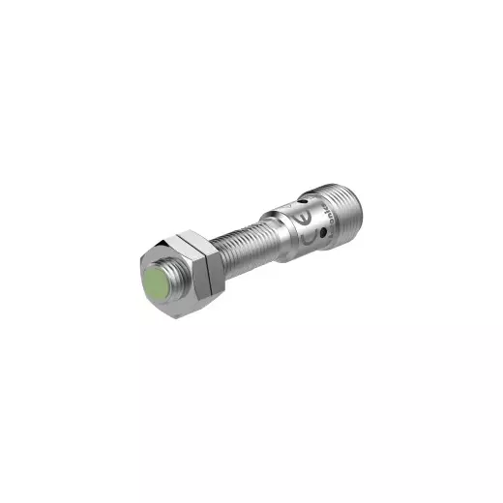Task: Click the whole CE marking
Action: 306,228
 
